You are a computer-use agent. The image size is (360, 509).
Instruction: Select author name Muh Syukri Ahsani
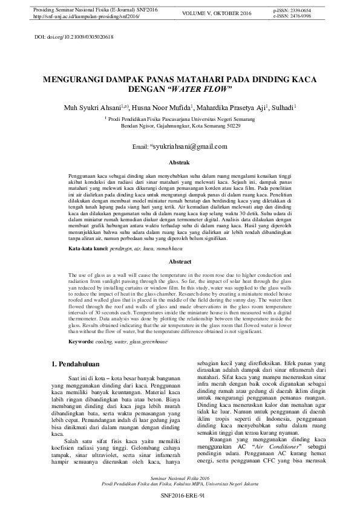96,108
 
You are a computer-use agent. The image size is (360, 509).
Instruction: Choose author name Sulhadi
283,108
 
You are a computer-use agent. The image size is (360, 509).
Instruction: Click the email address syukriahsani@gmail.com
189,146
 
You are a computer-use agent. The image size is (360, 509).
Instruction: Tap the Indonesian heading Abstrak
179,163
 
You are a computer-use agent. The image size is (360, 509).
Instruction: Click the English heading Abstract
179,262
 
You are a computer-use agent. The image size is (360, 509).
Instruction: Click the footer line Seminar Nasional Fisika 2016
180,477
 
